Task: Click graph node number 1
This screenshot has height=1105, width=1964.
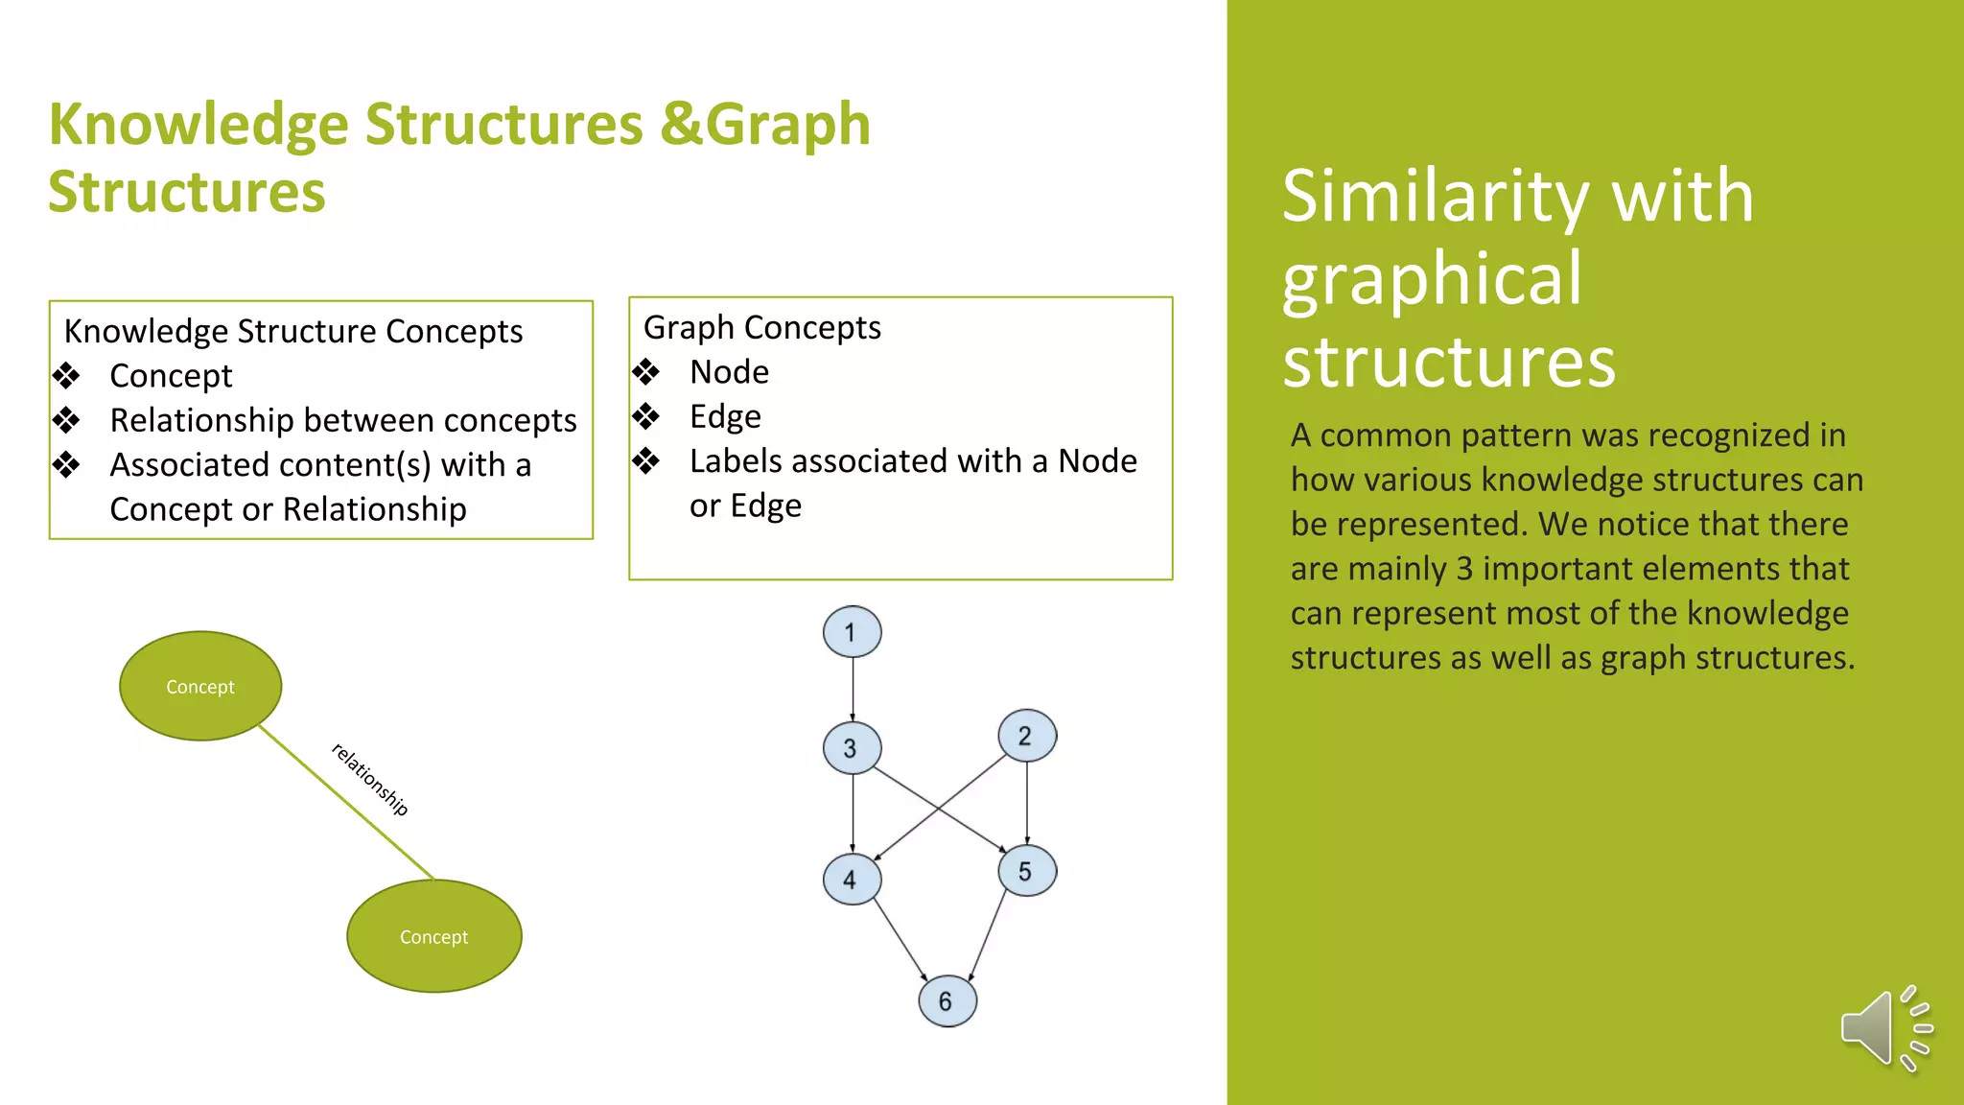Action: pyautogui.click(x=852, y=632)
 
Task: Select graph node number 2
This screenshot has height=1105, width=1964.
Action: pyautogui.click(x=1026, y=736)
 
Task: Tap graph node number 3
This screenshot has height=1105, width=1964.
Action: pyautogui.click(x=852, y=748)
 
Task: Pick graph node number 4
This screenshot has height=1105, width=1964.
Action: pyautogui.click(x=852, y=879)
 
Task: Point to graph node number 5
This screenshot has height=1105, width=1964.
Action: pyautogui.click(x=1026, y=871)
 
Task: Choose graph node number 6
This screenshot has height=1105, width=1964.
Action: pyautogui.click(x=947, y=1000)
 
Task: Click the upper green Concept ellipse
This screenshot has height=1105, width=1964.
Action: pyautogui.click(x=200, y=686)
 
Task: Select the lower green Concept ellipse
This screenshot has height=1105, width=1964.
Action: pyautogui.click(x=433, y=936)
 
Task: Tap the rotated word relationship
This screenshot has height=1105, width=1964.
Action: pyautogui.click(x=370, y=779)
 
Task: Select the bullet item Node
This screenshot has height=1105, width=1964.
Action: pyautogui.click(x=729, y=372)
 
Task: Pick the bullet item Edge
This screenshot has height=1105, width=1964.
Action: pyautogui.click(x=725, y=417)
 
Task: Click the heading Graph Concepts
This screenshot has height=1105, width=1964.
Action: pyautogui.click(x=761, y=328)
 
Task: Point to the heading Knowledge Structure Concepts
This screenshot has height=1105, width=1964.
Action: pyautogui.click(x=292, y=331)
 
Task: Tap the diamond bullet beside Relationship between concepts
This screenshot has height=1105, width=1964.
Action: pyautogui.click(x=66, y=420)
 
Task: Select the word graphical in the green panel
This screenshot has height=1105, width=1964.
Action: pyautogui.click(x=1432, y=279)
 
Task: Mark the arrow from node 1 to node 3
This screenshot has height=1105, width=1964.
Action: pyautogui.click(x=853, y=689)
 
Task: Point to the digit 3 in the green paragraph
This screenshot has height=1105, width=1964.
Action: pyautogui.click(x=1463, y=569)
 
